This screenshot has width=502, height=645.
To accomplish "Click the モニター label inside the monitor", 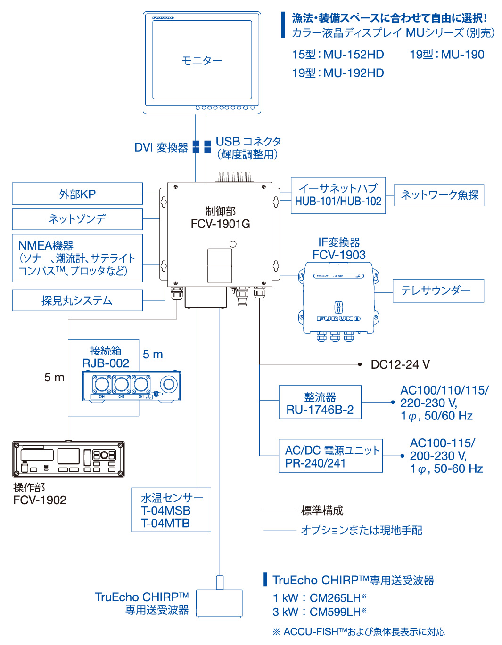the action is (202, 61).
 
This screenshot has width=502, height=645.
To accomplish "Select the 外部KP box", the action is (77, 193).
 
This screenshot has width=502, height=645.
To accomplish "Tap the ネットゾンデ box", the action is (77, 219).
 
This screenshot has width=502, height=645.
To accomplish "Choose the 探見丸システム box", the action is (77, 300).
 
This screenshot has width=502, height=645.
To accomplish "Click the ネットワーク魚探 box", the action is (439, 195).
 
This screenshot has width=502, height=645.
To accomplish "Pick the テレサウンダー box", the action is (438, 290).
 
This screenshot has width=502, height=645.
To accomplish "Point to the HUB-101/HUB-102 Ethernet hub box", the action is (338, 195).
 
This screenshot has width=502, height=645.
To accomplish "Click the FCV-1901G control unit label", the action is (221, 224).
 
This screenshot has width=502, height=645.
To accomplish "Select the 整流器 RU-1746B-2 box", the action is (320, 402).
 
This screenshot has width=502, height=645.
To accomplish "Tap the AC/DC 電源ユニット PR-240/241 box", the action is (330, 456).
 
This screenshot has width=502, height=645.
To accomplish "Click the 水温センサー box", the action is (171, 510).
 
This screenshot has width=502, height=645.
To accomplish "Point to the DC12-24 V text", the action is (400, 364).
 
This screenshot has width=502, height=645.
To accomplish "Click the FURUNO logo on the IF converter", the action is (338, 319).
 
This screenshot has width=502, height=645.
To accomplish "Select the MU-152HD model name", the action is (354, 55).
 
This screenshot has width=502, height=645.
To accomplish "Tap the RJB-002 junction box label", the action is (106, 363).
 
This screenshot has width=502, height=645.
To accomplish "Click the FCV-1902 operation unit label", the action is (40, 500).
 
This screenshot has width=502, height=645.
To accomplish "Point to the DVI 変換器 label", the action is (161, 147).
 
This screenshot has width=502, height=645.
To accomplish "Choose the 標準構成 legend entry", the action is (322, 510).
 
